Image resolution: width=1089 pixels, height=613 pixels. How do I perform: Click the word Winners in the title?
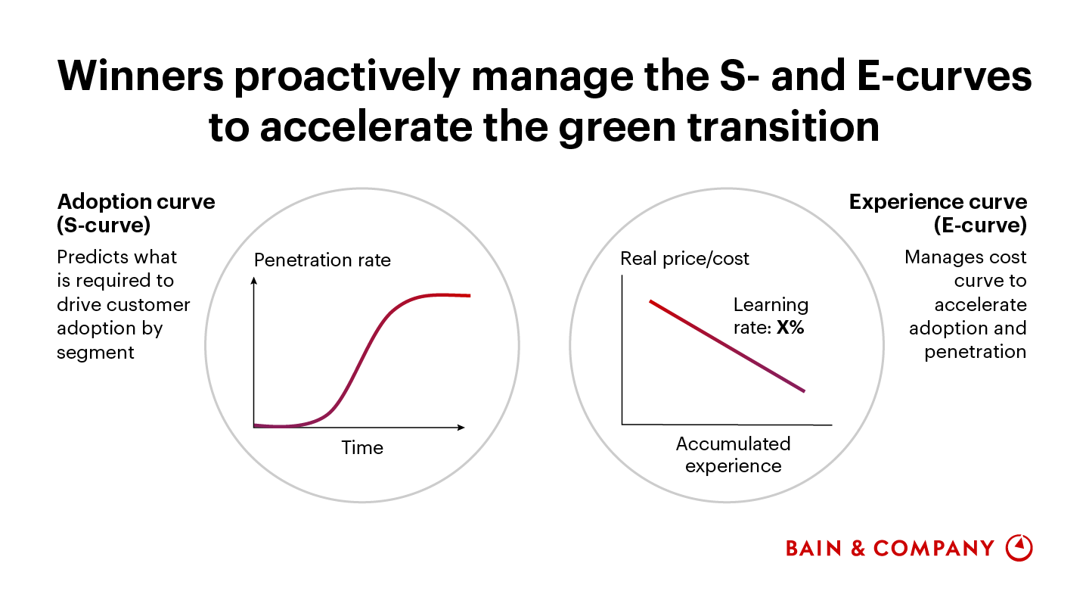point(141,76)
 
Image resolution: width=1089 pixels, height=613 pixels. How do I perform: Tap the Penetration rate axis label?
point(322,260)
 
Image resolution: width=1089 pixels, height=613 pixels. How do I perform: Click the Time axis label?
point(362,447)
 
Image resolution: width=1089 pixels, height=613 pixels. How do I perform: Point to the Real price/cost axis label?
point(684,259)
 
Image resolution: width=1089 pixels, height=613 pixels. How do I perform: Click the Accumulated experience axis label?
point(733,454)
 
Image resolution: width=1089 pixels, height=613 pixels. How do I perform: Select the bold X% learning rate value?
point(790,328)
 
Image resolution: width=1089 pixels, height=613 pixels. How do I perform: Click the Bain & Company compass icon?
point(1019,548)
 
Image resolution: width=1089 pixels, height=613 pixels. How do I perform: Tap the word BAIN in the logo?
point(814,548)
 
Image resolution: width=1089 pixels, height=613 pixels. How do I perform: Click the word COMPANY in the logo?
point(933,548)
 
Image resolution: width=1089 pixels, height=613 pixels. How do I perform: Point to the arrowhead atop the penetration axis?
point(253,281)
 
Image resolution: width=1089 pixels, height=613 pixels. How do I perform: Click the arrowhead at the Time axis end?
point(461,427)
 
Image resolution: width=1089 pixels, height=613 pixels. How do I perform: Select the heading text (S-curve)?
point(104,226)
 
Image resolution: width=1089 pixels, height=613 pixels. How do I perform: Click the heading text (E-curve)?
point(980,226)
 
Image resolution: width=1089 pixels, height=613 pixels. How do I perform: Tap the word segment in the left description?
point(95,353)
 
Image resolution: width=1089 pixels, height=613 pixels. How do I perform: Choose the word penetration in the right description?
point(976,352)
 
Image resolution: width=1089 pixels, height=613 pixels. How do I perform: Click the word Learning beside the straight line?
point(771,306)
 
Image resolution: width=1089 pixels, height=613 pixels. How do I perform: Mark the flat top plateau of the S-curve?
point(440,295)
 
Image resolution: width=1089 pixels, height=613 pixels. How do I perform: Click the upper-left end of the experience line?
point(650,302)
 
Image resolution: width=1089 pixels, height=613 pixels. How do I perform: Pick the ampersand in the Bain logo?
point(858,548)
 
